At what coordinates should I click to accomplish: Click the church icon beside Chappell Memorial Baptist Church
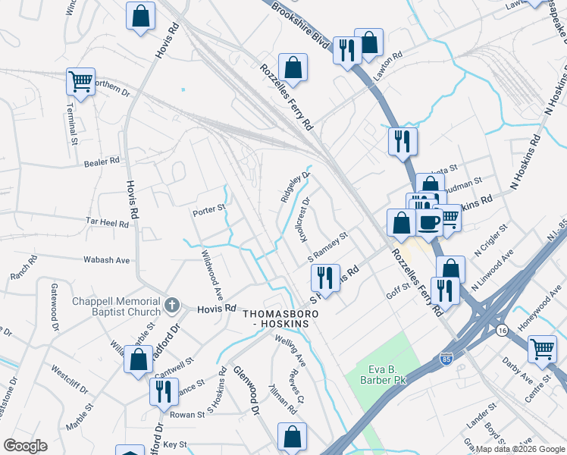pos(172,306)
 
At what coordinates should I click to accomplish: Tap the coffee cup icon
pos(428,221)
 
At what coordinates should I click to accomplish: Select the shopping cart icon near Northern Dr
pos(80,80)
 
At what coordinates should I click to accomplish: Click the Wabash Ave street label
pos(107,259)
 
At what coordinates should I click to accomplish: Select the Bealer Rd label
pos(102,161)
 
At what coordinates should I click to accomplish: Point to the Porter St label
pos(209,208)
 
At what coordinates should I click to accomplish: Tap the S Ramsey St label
pos(327,247)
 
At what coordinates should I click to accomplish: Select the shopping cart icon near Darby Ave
pos(542,349)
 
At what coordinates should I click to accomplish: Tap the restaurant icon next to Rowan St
pos(163,391)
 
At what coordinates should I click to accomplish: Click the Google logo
pos(25,446)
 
